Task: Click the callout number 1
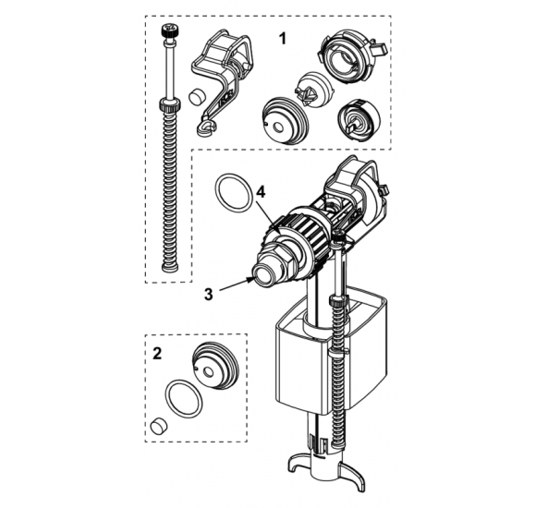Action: (x=283, y=39)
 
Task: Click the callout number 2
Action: (x=157, y=353)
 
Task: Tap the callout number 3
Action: (x=209, y=294)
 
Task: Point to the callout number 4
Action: (x=261, y=193)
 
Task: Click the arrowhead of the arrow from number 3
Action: (x=250, y=279)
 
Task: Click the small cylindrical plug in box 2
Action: (x=159, y=425)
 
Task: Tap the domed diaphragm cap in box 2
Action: (x=215, y=366)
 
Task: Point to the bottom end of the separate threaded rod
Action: (x=170, y=269)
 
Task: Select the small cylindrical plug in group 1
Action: (x=197, y=96)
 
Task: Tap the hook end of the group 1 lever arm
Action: (x=206, y=127)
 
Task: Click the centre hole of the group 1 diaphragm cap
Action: (x=279, y=128)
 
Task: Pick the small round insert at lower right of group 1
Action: (x=359, y=120)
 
